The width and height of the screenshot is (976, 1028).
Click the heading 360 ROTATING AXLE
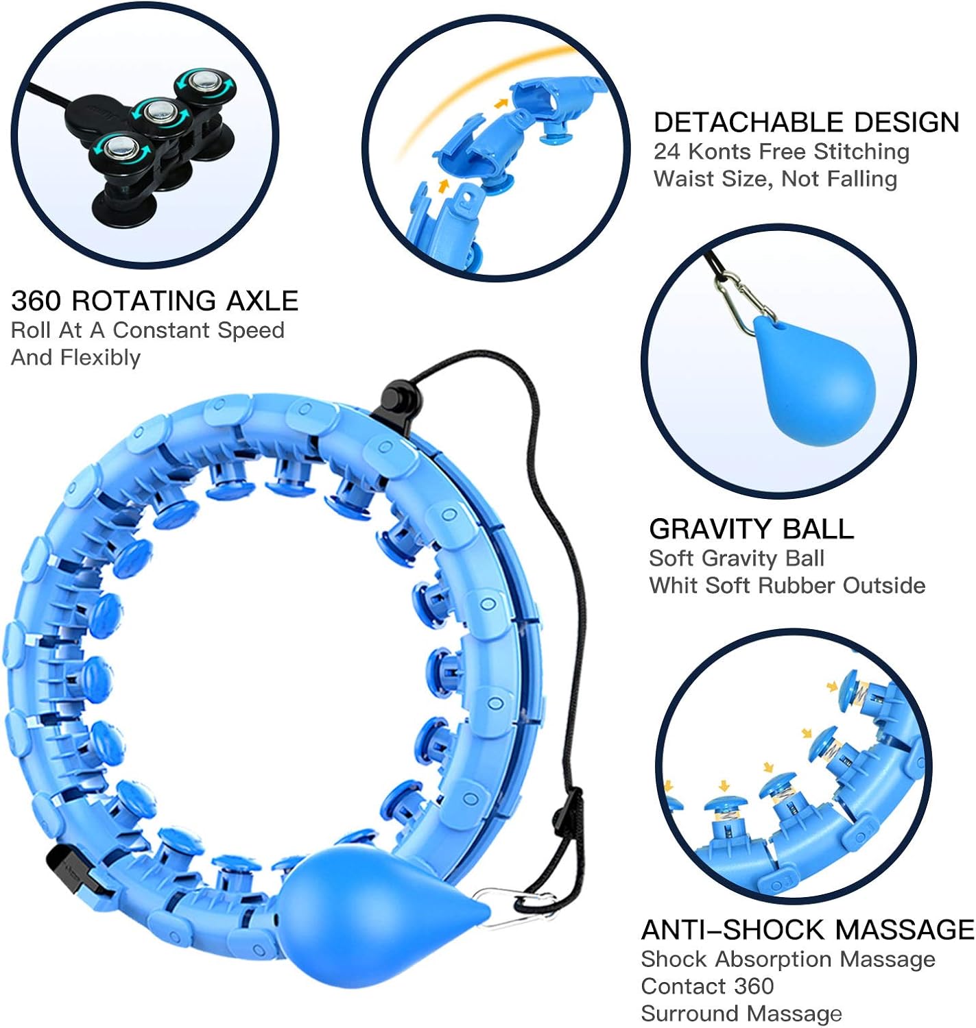point(154,301)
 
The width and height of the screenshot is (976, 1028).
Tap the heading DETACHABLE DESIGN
point(806,122)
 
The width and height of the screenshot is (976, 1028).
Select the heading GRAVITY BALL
point(751,529)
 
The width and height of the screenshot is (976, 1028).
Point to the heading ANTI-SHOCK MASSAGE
point(807,929)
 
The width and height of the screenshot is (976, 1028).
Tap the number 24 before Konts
point(667,151)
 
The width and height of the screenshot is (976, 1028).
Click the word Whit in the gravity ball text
point(673,585)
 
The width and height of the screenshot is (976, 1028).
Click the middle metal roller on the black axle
point(159,110)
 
